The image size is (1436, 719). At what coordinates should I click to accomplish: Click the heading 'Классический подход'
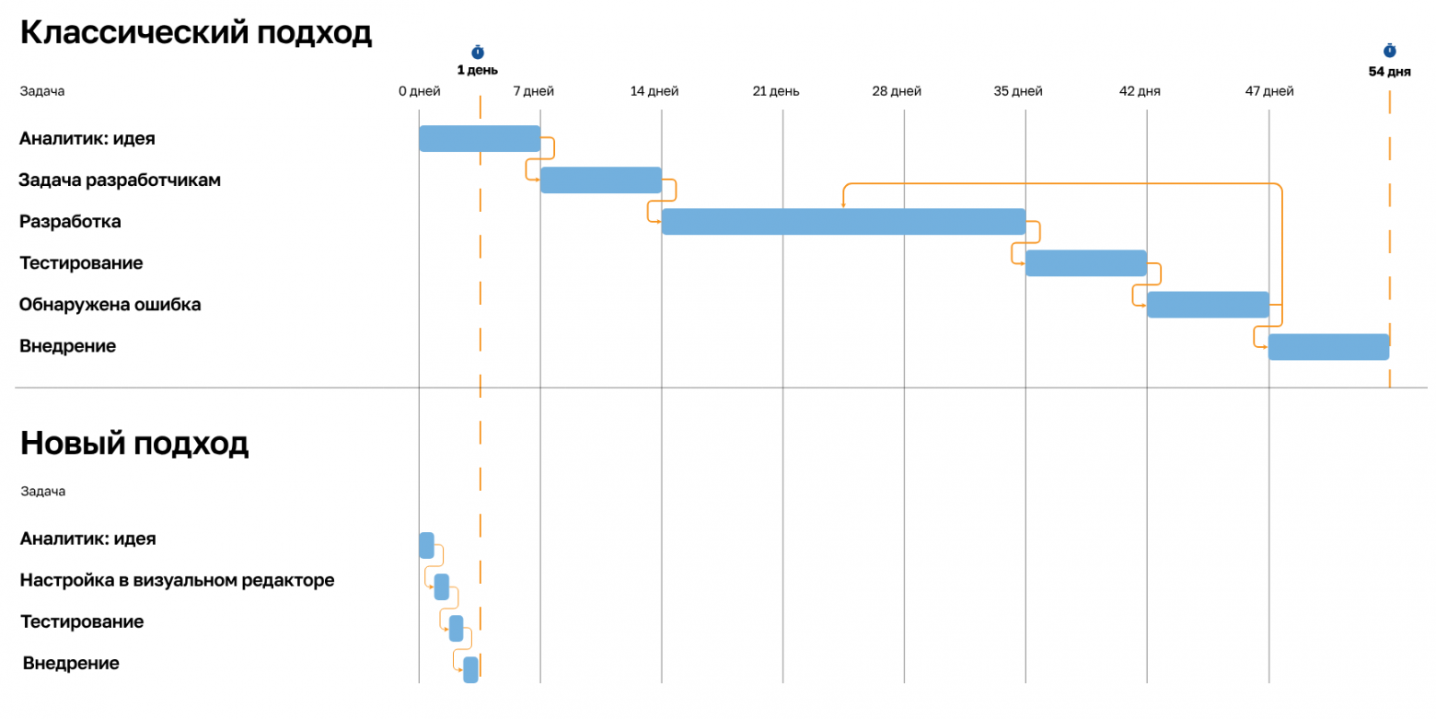(x=196, y=33)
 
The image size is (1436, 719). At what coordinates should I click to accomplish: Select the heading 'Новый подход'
(x=134, y=444)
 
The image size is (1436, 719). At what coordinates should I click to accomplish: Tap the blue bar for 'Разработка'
(x=843, y=221)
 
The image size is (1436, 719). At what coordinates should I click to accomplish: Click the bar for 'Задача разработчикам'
(x=601, y=180)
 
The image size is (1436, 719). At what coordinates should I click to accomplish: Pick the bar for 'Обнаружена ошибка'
(x=1208, y=305)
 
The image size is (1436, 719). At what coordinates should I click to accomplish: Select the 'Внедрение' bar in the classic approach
(x=1329, y=347)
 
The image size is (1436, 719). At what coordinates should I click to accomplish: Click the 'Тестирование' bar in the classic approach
(x=1086, y=263)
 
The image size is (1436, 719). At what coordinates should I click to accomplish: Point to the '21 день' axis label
(x=776, y=91)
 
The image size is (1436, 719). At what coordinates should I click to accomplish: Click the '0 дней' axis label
(x=419, y=91)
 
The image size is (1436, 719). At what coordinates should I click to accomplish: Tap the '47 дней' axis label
(x=1269, y=91)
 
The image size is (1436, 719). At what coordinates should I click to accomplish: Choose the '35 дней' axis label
(x=1018, y=91)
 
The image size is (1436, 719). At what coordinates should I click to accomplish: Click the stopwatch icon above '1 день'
(x=478, y=52)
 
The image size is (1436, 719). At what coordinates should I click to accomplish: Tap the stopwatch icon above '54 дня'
(x=1389, y=51)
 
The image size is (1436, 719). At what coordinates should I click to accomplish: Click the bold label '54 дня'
(x=1389, y=72)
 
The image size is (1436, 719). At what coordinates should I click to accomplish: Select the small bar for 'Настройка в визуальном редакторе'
(x=442, y=586)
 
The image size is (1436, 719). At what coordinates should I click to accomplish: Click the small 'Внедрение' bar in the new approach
(x=470, y=669)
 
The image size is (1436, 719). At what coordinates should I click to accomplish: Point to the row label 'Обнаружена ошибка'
(x=110, y=305)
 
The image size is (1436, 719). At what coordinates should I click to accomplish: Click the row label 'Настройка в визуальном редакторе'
(x=177, y=581)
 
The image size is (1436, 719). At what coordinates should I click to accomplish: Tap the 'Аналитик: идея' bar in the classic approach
(x=480, y=138)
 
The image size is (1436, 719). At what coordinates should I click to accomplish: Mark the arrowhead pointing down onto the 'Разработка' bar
(x=843, y=205)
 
